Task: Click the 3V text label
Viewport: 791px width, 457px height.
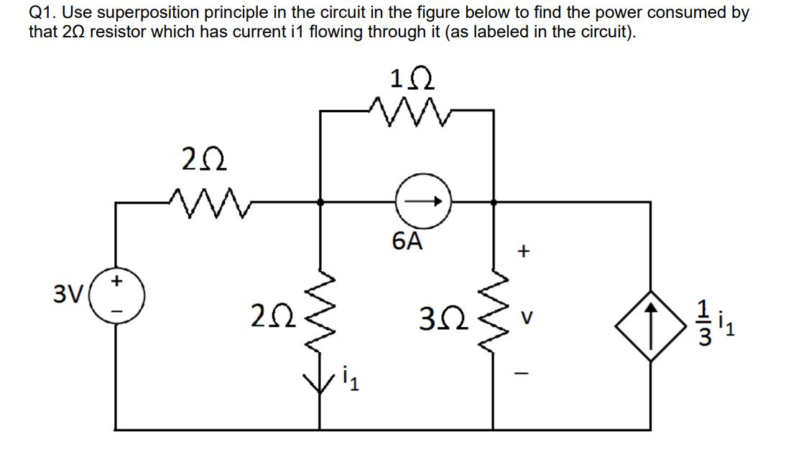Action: pos(69,295)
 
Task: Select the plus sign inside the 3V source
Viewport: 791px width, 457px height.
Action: pos(117,278)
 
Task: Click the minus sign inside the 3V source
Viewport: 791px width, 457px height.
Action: pos(117,311)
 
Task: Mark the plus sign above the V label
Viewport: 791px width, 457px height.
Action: pos(525,251)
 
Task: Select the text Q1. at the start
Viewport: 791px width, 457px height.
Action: pos(42,12)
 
